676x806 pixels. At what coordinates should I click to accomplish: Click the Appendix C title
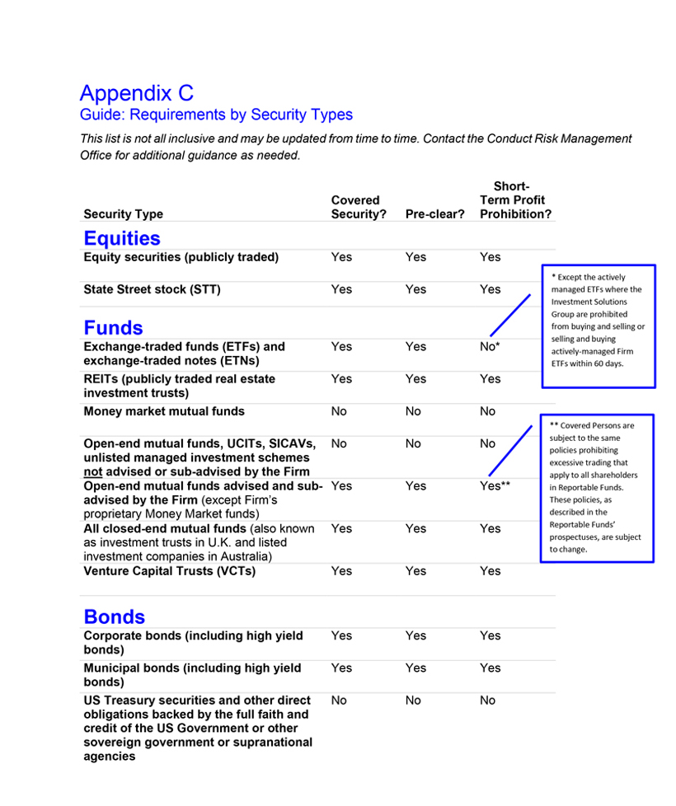tap(137, 93)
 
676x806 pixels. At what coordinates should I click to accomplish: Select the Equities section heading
tap(122, 238)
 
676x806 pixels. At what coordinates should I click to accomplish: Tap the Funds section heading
tap(113, 328)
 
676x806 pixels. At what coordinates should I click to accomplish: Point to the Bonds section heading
tap(114, 617)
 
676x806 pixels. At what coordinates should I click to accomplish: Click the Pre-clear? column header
tap(434, 214)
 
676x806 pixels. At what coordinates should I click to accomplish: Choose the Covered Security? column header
tap(359, 207)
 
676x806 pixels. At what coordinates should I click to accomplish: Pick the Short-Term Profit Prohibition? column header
tap(515, 200)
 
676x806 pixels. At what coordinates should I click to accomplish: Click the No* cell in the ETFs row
tap(490, 347)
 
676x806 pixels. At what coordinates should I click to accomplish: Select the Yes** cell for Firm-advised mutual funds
tap(495, 486)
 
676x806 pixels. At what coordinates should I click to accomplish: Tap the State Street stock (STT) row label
tap(152, 289)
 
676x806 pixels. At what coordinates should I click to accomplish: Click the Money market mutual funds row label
tap(164, 411)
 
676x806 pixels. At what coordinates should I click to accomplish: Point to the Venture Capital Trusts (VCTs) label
tap(169, 571)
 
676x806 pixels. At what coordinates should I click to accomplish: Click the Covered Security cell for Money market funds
tap(339, 411)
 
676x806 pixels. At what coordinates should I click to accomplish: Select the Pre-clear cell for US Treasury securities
tap(413, 701)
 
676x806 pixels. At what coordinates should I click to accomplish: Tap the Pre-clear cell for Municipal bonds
tap(415, 668)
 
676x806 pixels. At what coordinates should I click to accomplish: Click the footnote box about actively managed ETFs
tap(598, 326)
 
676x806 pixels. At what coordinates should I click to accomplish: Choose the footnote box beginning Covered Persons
tap(597, 488)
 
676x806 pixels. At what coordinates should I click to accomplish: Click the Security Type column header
tap(123, 214)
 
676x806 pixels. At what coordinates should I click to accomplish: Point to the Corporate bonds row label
tap(193, 642)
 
